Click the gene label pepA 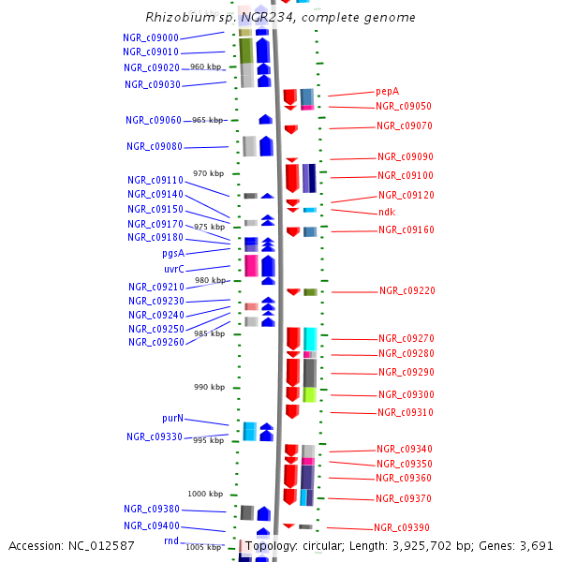tap(388, 91)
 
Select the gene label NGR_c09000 tap(151, 37)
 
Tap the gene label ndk tap(387, 213)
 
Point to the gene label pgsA tap(172, 253)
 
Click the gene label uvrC tap(173, 269)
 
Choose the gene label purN tap(172, 418)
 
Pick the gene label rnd tap(171, 540)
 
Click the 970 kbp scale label tap(209, 173)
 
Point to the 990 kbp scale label tap(209, 387)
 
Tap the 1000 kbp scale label tap(206, 494)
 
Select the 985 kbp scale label tap(209, 333)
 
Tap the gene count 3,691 tap(535, 545)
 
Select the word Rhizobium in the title tap(179, 17)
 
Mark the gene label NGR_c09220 tap(407, 291)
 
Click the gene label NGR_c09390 tap(402, 527)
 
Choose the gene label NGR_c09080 tap(155, 146)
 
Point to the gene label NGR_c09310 tap(406, 412)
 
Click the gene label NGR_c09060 tap(154, 120)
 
